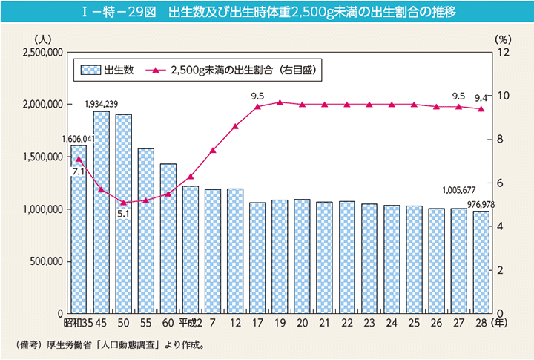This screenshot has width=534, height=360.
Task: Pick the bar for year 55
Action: pyautogui.click(x=146, y=231)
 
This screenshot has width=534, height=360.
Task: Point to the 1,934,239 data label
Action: pyautogui.click(x=102, y=104)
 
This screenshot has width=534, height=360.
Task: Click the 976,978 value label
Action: pyautogui.click(x=481, y=205)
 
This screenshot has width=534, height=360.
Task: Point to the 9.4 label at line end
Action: pyautogui.click(x=481, y=97)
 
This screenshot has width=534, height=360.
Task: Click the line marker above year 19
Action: pyautogui.click(x=280, y=102)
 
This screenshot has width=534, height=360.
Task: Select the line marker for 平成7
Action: pyautogui.click(x=213, y=150)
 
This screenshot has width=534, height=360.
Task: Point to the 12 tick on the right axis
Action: pyautogui.click(x=504, y=53)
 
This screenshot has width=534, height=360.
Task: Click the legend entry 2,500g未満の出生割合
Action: pyautogui.click(x=222, y=71)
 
